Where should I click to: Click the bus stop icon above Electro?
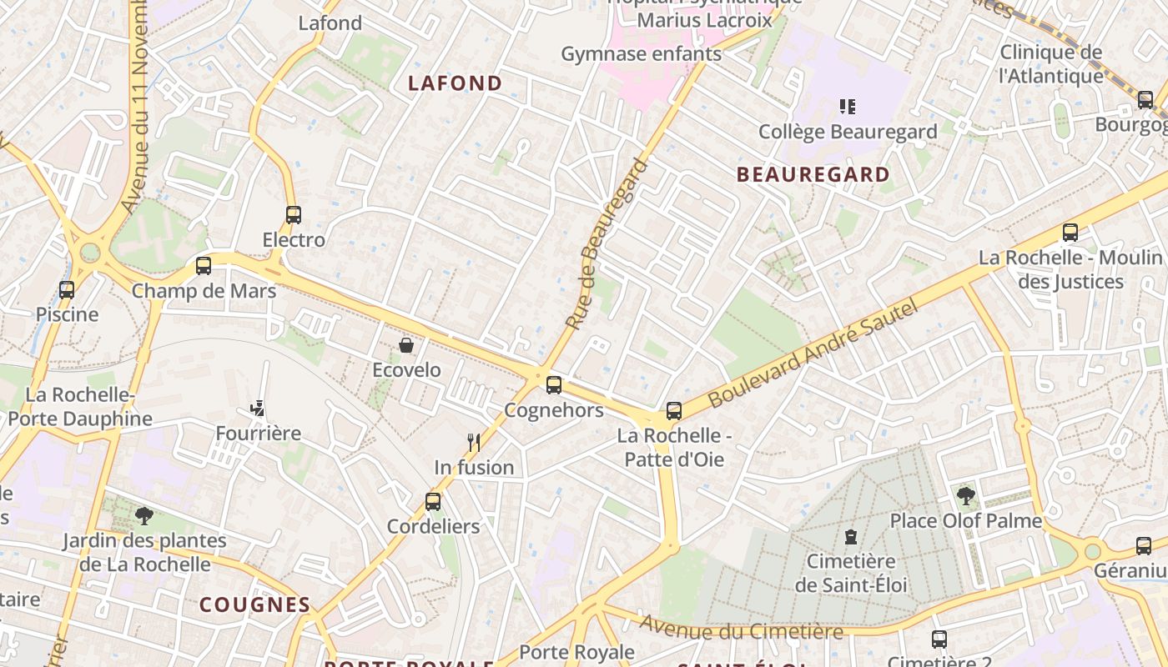point(294,215)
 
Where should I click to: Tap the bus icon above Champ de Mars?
point(204,266)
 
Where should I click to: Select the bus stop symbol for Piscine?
point(67,290)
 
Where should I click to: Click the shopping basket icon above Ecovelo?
point(406,345)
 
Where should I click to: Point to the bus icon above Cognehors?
point(554,385)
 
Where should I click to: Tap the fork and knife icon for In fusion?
point(474,442)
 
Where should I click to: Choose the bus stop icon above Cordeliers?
point(433,501)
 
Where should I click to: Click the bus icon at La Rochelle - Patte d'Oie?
point(674,410)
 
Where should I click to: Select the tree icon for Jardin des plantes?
point(144,515)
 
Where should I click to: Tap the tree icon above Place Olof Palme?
point(966,496)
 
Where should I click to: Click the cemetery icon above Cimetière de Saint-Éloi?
point(851,536)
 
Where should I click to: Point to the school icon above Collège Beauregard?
point(848,106)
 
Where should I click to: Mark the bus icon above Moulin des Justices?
point(1070,233)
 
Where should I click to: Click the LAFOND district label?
point(456,83)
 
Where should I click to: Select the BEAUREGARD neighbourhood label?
point(814,174)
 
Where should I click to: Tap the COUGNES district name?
point(254,604)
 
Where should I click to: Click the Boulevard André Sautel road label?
point(813,354)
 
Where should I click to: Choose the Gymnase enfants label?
point(641,54)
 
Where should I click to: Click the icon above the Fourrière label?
point(258,409)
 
